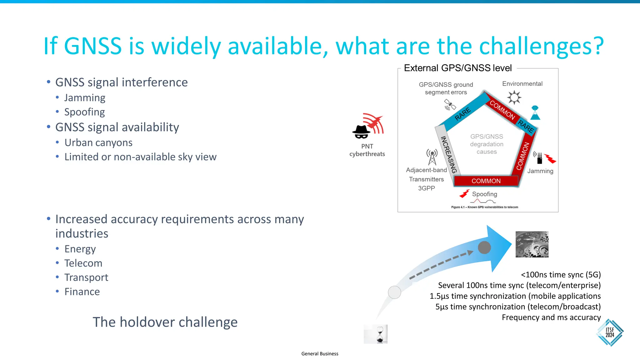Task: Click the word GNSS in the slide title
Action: point(93,46)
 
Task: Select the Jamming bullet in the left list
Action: point(85,98)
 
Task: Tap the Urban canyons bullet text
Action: point(98,143)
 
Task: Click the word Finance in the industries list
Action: point(82,292)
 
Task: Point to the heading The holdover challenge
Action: point(165,322)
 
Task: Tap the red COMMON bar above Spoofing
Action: point(486,181)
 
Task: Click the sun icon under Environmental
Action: point(514,97)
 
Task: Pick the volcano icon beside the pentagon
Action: point(535,113)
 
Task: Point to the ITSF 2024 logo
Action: point(610,332)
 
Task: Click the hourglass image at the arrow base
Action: point(376,334)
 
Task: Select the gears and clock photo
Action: point(532,244)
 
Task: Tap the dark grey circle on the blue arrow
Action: point(484,248)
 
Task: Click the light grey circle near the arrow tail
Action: point(394,292)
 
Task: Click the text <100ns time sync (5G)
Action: point(561,275)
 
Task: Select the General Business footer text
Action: point(320,354)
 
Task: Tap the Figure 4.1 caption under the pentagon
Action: point(484,207)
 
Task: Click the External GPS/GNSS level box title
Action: point(457,68)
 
